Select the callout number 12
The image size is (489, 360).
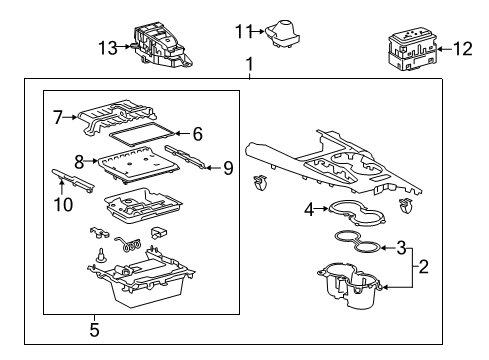tap(463, 47)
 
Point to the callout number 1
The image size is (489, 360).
tap(250, 66)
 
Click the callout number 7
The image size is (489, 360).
tap(57, 117)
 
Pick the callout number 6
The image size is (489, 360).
tap(197, 133)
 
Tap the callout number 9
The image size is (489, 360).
tap(228, 168)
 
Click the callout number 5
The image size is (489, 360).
tap(95, 327)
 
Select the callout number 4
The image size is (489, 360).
tap(309, 209)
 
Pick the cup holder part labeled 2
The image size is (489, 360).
tap(350, 284)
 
